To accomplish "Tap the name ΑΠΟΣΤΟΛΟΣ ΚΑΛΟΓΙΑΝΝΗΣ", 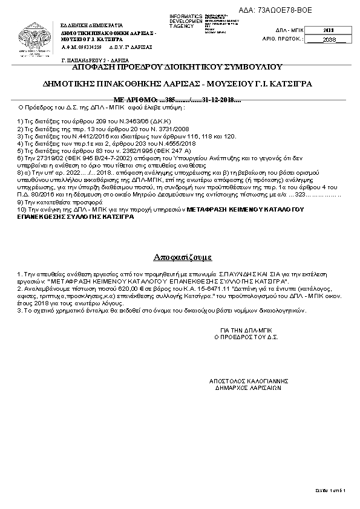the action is click(x=247, y=381).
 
